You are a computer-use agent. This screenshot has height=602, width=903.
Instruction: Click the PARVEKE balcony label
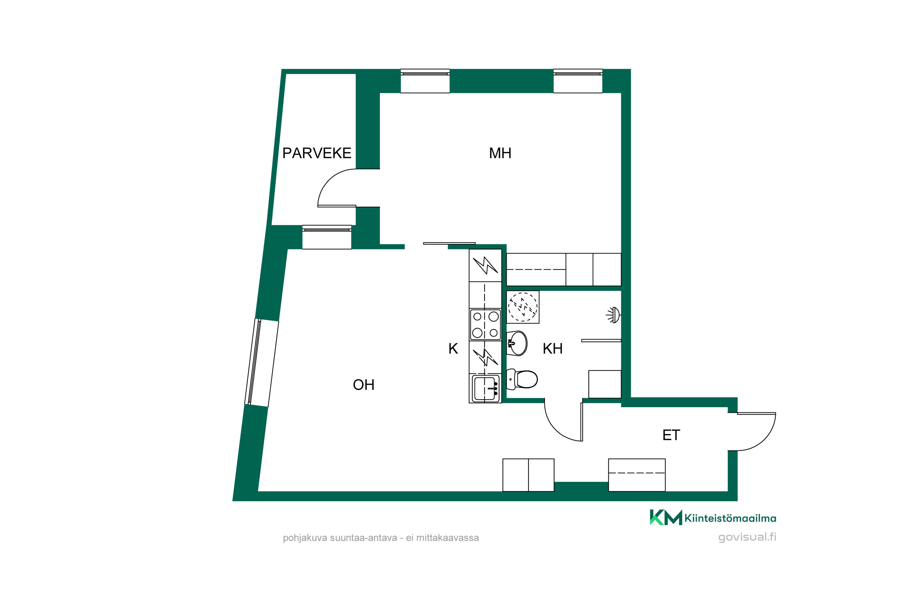317,153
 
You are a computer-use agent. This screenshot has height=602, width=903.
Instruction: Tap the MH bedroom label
500,153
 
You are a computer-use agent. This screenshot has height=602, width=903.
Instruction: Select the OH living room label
364,385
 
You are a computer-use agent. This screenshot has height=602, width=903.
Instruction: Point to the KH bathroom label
552,349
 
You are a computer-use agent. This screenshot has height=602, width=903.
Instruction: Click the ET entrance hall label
671,435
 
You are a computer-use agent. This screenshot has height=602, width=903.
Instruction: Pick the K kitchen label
453,349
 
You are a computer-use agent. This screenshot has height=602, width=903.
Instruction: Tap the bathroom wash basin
517,343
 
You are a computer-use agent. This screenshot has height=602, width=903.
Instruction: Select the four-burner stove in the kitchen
485,324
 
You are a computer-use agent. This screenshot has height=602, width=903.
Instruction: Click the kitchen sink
485,389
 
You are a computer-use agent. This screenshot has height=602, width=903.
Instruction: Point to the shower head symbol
613,315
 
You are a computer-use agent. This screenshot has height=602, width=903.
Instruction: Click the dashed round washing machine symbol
523,307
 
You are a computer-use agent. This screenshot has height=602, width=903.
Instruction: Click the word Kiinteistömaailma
730,518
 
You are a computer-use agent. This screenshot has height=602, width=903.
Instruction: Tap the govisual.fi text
747,537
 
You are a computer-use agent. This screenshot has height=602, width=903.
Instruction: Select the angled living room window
262,362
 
